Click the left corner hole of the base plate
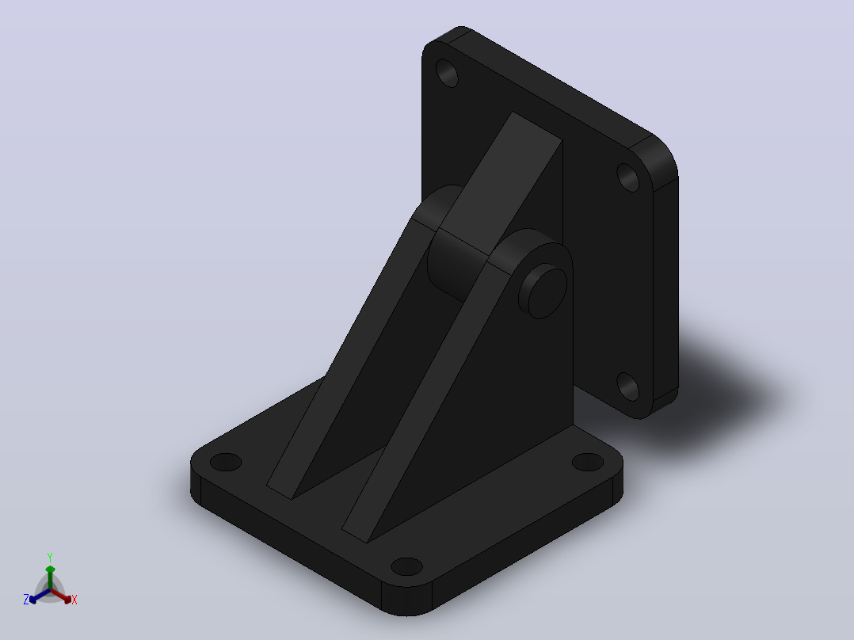pos(226,463)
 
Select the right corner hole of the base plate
pos(588,462)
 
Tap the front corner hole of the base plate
pos(407,566)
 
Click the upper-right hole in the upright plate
pos(628,177)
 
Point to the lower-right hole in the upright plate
pos(628,387)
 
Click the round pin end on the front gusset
pos(543,291)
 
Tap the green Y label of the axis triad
pos(50,557)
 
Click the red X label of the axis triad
pos(74,600)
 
